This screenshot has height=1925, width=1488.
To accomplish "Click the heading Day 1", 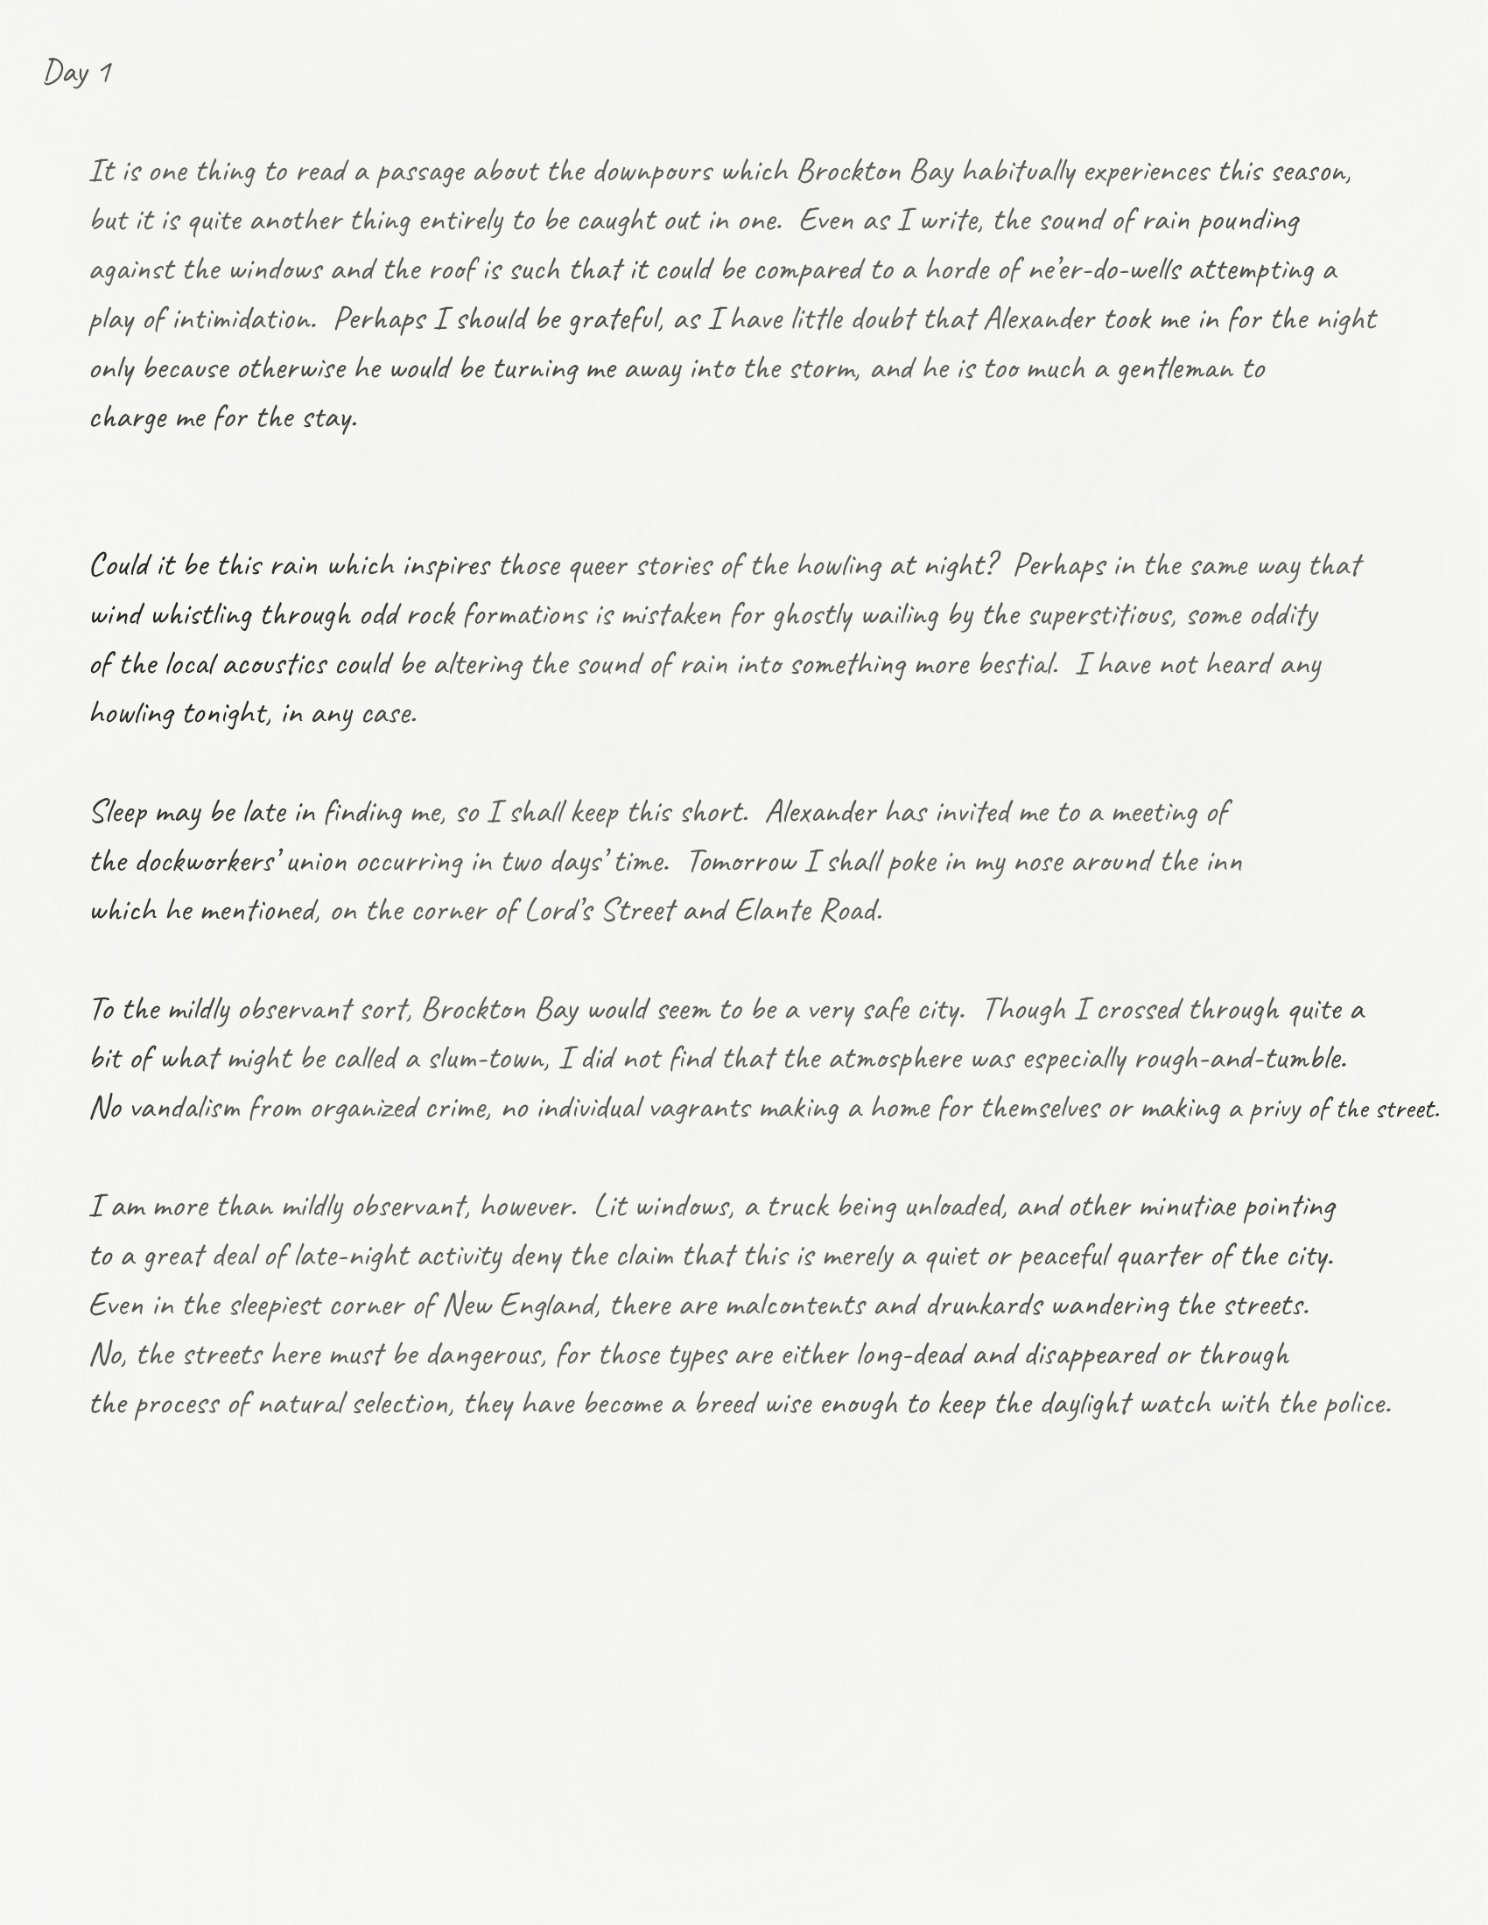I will [x=79, y=73].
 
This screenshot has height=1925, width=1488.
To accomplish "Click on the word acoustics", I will [x=275, y=665].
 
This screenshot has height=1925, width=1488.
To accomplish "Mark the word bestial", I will [x=1018, y=665].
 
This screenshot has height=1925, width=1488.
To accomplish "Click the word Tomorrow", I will [x=742, y=861].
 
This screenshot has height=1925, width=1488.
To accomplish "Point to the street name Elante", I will [x=773, y=911].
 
